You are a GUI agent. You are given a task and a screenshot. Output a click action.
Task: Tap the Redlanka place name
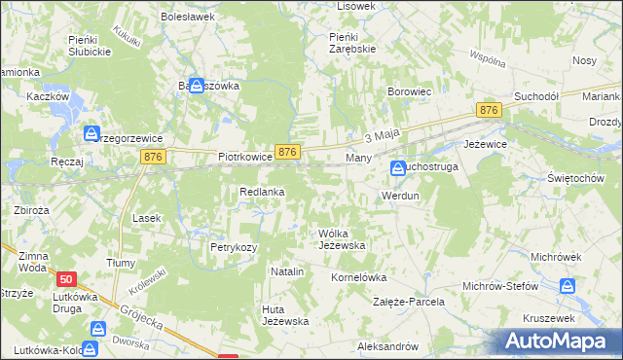coord(263,193)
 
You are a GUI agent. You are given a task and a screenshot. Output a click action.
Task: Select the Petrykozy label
coord(234,248)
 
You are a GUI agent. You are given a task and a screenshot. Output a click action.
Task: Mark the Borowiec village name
coord(409,91)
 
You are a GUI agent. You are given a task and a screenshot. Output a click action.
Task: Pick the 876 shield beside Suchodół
coord(490,113)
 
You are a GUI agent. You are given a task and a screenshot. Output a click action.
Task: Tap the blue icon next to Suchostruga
coord(398,168)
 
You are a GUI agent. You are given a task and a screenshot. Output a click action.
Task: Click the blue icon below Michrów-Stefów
coord(568,286)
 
